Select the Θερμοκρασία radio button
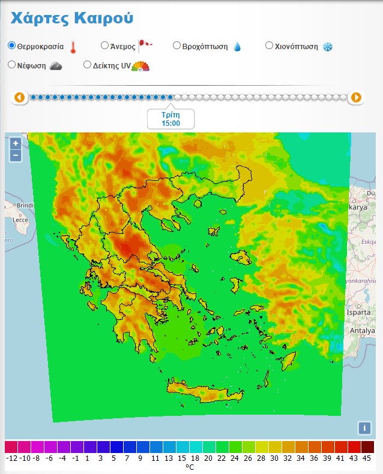[x=12, y=46]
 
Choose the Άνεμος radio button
[x=104, y=46]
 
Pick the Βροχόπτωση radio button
[x=176, y=46]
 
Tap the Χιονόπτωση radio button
[x=269, y=46]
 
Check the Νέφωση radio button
[x=12, y=65]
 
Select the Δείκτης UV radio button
[x=88, y=65]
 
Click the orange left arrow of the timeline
[x=20, y=97]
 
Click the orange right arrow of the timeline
[x=356, y=97]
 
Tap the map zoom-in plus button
[x=16, y=144]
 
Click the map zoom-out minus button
[x=16, y=155]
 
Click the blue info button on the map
[x=364, y=428]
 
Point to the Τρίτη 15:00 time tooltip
[x=170, y=119]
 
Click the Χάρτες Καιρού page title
[x=72, y=18]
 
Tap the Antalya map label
[x=363, y=331]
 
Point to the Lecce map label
[x=20, y=220]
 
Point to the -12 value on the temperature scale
[x=11, y=458]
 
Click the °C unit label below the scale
[x=190, y=467]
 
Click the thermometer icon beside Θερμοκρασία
[x=73, y=47]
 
